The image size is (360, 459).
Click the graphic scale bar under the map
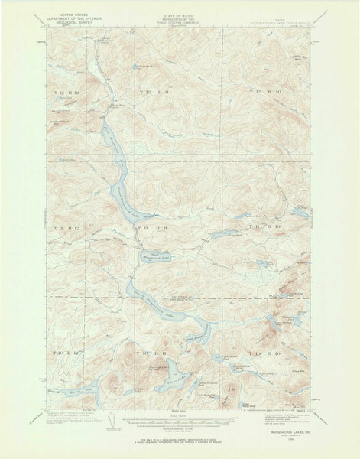coord(180,421)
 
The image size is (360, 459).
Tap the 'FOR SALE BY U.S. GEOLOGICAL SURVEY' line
coord(180,441)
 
